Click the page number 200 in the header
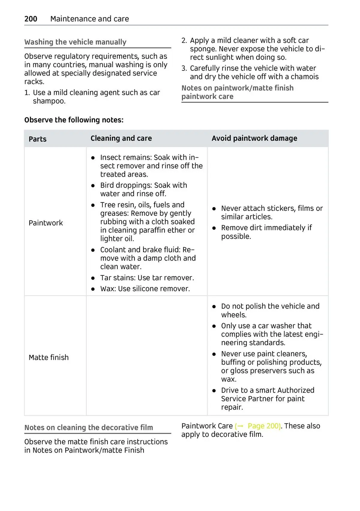31,19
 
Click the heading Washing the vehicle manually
75,42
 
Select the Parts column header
37,139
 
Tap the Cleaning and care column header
121,138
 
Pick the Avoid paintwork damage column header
254,138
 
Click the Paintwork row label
46,223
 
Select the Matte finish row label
49,357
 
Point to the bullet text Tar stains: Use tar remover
147,278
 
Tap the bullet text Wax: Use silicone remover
145,289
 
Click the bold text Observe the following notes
74,120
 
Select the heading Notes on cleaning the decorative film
88,428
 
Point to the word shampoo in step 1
49,101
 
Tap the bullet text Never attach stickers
271,209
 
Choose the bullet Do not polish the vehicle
270,306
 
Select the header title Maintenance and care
90,19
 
